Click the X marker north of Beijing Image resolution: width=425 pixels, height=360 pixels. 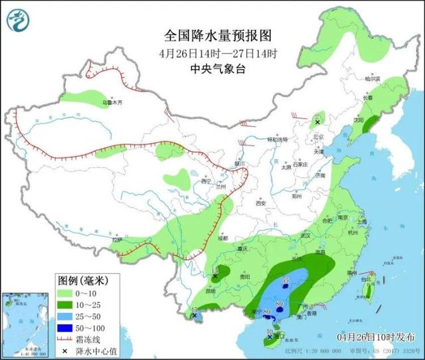coord(317,123)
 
